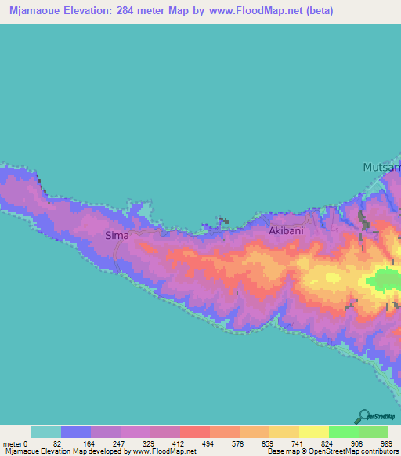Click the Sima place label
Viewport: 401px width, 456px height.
pos(117,235)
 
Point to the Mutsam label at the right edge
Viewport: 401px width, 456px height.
pos(381,168)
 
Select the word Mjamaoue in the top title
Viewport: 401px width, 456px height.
pos(35,11)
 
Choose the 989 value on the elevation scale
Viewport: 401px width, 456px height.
pos(385,443)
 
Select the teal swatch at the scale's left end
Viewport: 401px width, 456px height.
pos(45,432)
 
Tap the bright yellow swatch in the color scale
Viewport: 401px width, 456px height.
pos(313,432)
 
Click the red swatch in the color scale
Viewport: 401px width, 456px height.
pos(194,432)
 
